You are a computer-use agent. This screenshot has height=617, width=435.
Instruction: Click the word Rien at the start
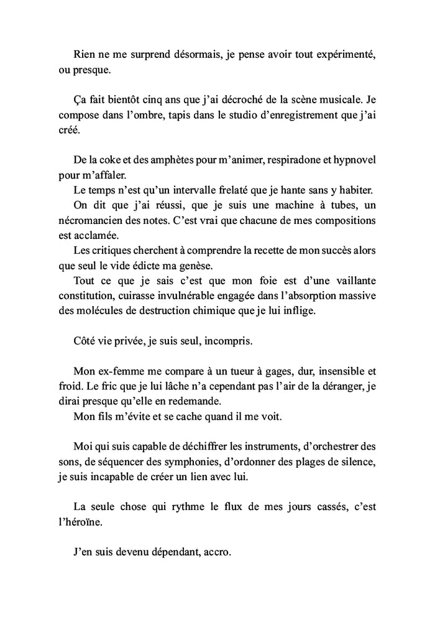pos(84,54)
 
